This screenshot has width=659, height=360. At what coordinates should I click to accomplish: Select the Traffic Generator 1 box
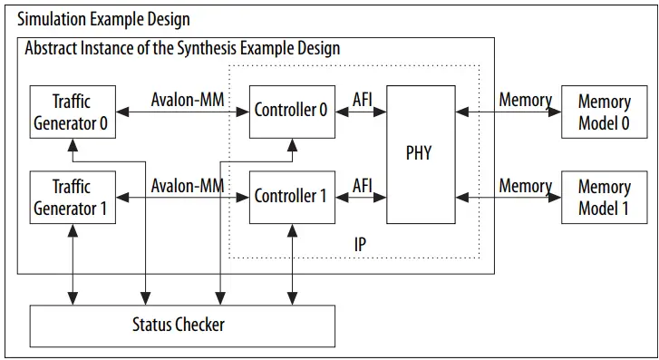coord(71,197)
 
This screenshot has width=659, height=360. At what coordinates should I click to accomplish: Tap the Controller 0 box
coord(290,111)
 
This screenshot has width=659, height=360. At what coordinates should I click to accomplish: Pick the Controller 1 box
coord(290,196)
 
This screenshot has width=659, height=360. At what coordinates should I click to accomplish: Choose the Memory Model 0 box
coord(604,111)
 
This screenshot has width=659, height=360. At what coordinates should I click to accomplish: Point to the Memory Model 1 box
coord(604,197)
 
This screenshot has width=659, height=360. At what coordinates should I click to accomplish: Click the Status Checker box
coord(183,325)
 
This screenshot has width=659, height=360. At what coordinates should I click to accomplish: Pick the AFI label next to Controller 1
coord(362,185)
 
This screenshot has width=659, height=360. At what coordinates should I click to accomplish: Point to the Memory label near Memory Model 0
coord(525,100)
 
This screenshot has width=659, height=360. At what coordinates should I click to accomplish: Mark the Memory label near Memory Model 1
coord(525,185)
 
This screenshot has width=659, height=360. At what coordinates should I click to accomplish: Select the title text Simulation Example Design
coord(104,19)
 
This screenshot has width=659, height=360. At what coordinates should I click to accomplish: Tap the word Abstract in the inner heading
coord(54,47)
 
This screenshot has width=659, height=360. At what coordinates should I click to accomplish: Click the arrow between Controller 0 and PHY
coord(361,112)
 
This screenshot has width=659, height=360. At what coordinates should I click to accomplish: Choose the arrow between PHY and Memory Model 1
coord(509,197)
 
